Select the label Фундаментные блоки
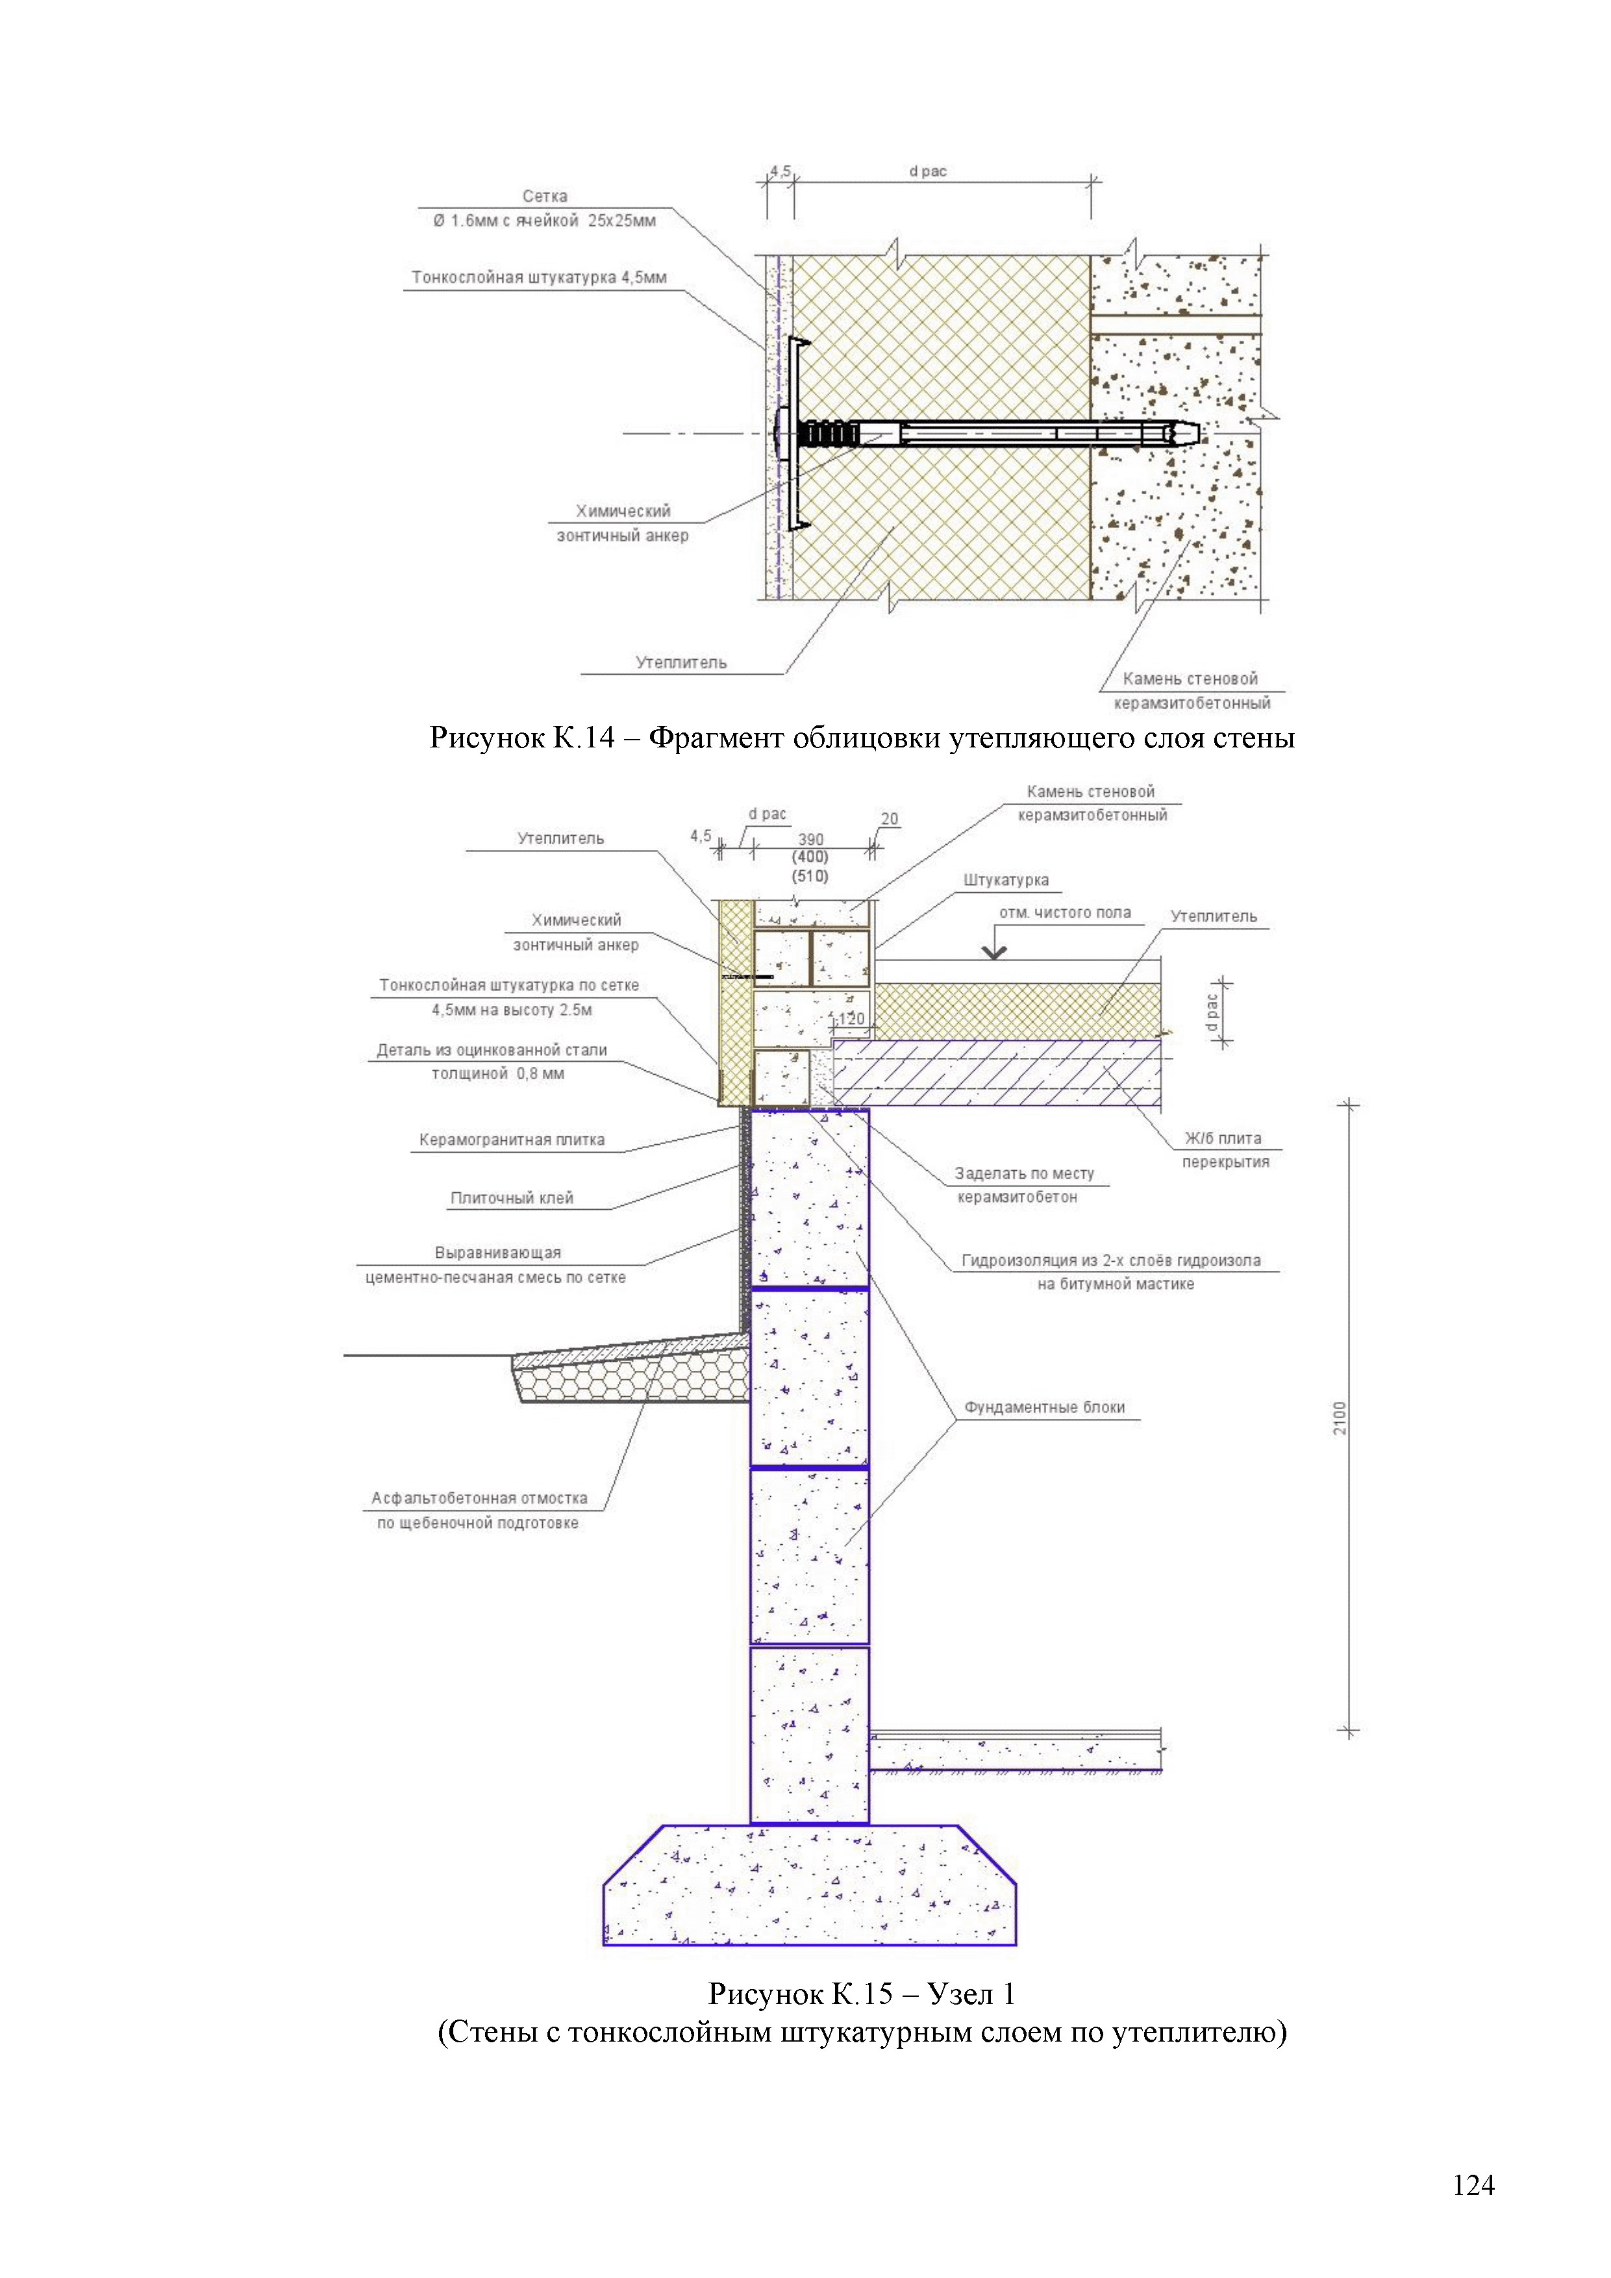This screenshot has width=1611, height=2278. point(1045,1408)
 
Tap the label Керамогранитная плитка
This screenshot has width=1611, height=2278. point(511,1140)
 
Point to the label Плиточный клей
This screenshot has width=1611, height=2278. point(512,1199)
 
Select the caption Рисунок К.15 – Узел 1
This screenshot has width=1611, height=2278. point(861,1994)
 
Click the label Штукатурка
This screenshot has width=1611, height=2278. point(1005,880)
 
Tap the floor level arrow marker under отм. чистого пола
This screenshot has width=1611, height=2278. point(994,953)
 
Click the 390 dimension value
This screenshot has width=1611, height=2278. point(810,840)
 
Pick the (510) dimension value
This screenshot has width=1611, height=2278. point(810,876)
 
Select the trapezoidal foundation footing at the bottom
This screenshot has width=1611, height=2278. point(810,1885)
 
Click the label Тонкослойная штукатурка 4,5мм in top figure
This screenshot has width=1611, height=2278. point(539,278)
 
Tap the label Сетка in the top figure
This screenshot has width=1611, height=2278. point(545,197)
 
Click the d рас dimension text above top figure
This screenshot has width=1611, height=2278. point(927,171)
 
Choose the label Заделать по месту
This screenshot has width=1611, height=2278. point(1024,1173)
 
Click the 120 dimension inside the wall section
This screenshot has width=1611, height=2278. point(850,1019)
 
